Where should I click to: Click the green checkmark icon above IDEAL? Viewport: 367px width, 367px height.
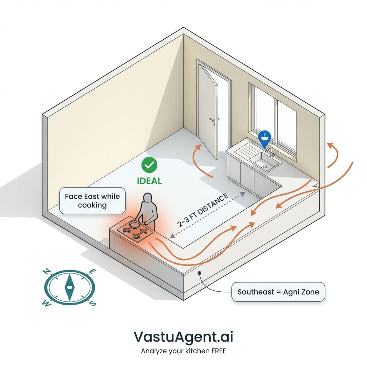pyautogui.click(x=149, y=165)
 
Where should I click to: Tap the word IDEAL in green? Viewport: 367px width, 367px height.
pyautogui.click(x=149, y=180)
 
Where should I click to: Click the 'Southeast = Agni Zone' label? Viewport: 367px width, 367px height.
pyautogui.click(x=278, y=292)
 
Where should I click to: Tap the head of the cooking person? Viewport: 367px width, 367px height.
pyautogui.click(x=147, y=198)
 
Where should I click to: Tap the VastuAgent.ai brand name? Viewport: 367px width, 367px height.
pyautogui.click(x=183, y=337)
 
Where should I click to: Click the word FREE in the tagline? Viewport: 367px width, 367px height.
pyautogui.click(x=217, y=351)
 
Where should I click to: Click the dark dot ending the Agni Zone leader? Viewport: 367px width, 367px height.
pyautogui.click(x=200, y=273)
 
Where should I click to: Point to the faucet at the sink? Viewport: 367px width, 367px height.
pyautogui.click(x=270, y=151)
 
